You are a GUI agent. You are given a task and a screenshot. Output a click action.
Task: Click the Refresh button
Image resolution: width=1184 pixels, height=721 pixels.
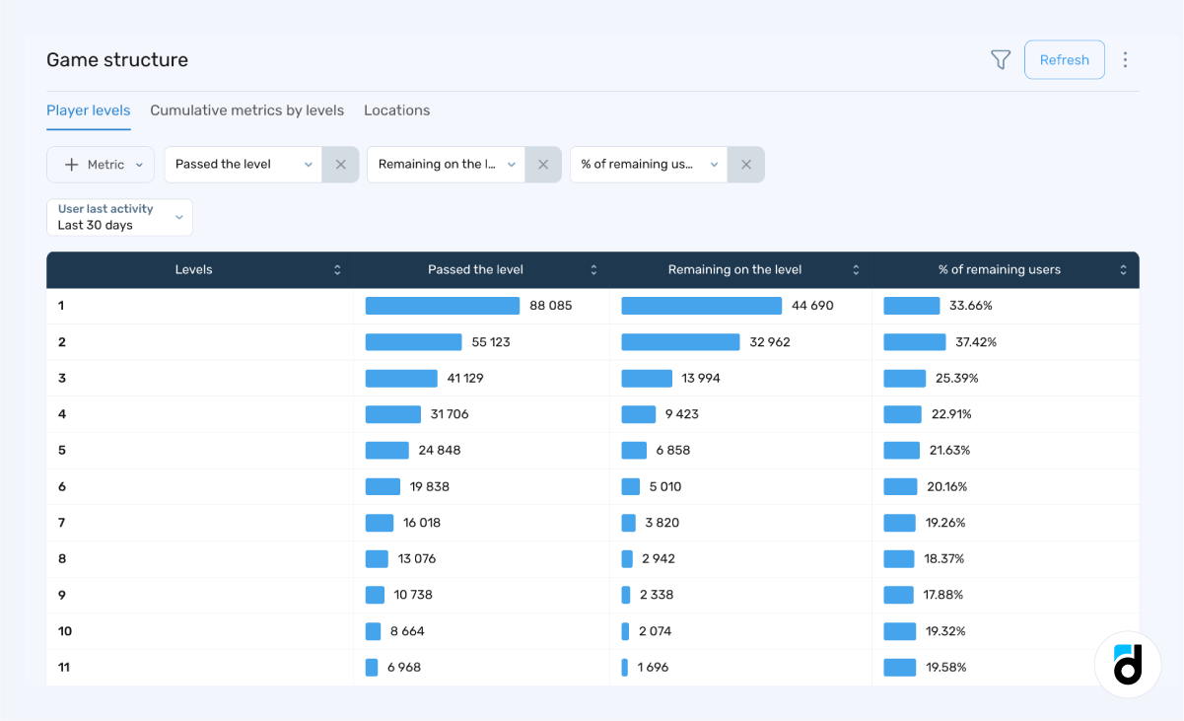[1064, 60]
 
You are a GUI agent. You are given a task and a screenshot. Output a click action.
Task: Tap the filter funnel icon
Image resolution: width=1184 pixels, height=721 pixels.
[1001, 60]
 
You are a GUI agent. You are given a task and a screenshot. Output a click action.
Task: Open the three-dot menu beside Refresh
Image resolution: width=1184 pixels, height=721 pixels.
[1125, 60]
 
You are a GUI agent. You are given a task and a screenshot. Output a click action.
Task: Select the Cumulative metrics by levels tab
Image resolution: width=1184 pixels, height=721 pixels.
[246, 110]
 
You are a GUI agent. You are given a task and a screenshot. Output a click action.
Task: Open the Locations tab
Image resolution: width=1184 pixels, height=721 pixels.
[396, 110]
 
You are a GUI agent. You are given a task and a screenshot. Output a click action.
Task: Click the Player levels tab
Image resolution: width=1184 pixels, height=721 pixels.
[89, 110]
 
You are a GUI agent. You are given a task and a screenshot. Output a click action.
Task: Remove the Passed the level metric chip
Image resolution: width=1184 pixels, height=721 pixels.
[340, 165]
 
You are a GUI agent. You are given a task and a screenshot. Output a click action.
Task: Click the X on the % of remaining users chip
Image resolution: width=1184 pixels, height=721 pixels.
[746, 165]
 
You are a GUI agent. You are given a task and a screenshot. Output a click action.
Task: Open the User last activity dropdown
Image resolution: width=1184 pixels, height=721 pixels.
[119, 217]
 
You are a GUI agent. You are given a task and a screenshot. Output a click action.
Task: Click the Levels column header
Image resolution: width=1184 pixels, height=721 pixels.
[194, 270]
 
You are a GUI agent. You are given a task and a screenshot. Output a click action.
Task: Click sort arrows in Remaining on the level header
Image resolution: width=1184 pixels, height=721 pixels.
[856, 270]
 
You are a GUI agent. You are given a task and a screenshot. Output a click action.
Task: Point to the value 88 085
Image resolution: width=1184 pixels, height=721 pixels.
[550, 306]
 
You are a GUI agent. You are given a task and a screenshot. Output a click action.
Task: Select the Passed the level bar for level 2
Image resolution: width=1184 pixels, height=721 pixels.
[413, 342]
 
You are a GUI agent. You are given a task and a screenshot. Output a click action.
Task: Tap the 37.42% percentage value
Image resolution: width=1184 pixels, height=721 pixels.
[976, 342]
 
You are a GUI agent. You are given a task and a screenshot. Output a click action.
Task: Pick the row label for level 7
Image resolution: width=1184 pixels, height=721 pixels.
[62, 523]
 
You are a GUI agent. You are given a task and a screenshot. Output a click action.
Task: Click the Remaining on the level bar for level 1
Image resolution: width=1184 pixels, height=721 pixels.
[701, 306]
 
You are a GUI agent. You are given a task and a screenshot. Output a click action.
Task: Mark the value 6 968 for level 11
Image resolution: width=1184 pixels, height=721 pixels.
[404, 668]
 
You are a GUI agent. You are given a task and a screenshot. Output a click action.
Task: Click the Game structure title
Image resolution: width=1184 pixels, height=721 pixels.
[117, 60]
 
